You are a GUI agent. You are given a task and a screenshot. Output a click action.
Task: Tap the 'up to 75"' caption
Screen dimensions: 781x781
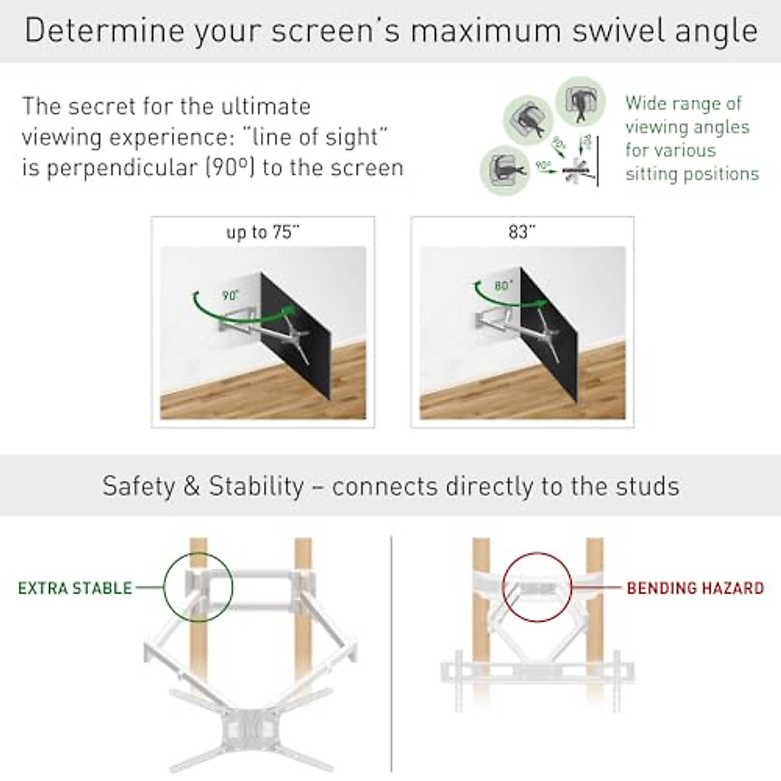(x=262, y=232)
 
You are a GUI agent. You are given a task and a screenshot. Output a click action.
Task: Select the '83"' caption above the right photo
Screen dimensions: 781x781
(x=522, y=232)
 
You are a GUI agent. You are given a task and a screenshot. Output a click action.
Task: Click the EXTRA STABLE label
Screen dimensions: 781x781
(x=75, y=588)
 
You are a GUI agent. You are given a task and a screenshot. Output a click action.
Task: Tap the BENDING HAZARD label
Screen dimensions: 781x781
(x=695, y=588)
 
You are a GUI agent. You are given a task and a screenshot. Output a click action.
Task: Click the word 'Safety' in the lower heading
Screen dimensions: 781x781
(x=139, y=486)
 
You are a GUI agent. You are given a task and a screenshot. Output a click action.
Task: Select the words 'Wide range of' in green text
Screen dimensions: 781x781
(x=683, y=103)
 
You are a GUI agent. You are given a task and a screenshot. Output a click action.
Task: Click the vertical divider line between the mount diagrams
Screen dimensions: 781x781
(x=392, y=651)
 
